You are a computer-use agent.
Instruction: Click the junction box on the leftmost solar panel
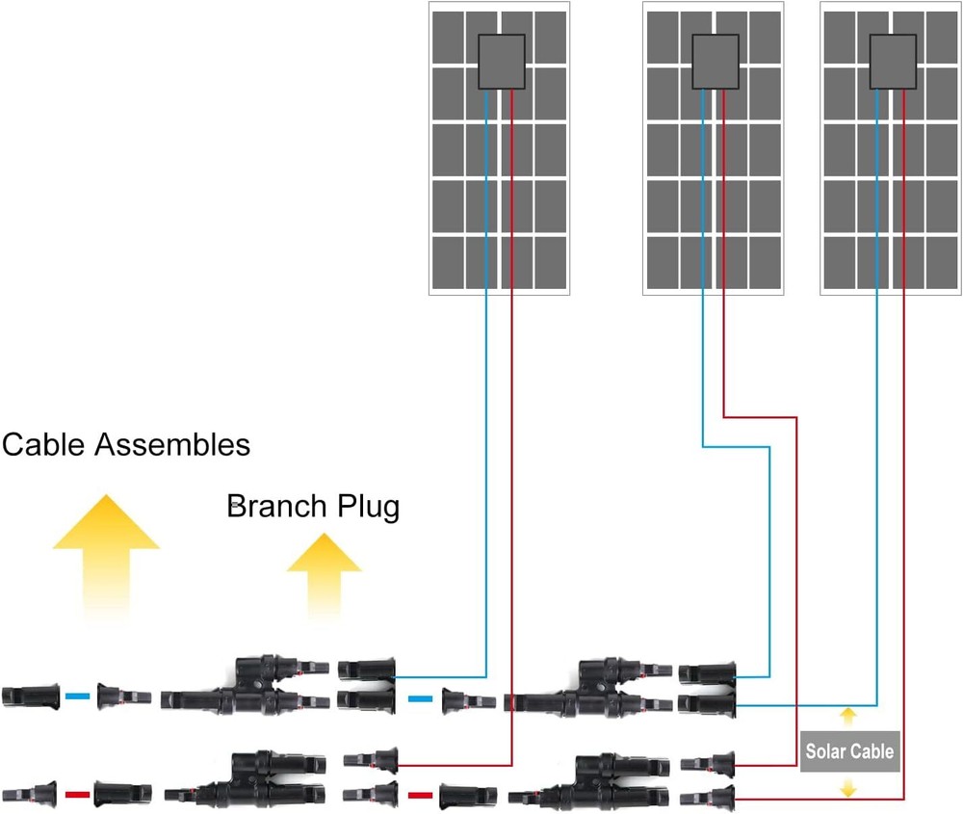(501, 62)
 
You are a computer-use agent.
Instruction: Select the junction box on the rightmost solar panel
(892, 62)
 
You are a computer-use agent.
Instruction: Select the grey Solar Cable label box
(849, 751)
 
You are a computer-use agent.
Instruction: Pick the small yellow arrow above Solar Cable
(847, 716)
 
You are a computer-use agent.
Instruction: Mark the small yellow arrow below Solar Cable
(847, 788)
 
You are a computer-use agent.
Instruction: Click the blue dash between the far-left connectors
(78, 696)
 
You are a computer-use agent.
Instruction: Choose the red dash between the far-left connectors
(77, 796)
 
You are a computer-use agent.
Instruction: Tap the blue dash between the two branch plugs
(420, 699)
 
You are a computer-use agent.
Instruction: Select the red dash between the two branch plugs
(419, 796)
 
